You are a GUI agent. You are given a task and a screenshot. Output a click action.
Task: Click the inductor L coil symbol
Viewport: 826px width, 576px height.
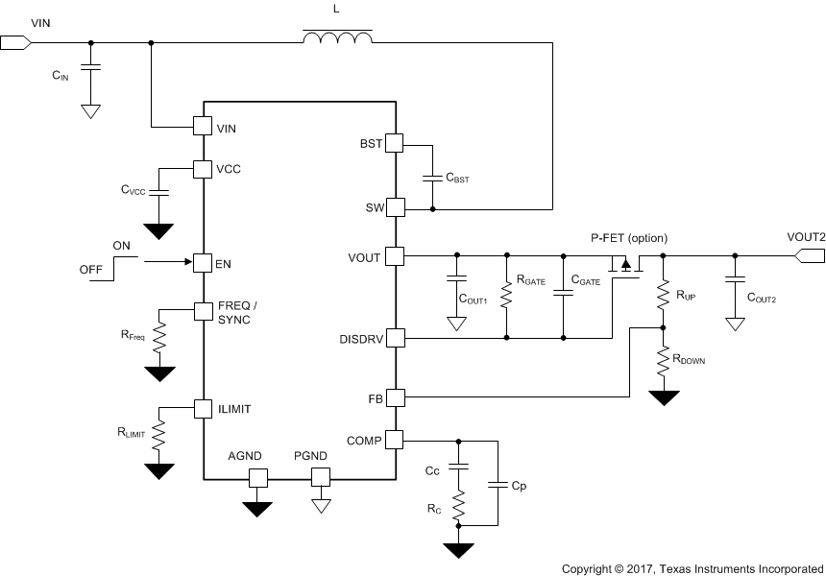[337, 38]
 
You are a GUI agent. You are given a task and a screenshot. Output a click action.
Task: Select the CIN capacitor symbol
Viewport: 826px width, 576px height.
[91, 67]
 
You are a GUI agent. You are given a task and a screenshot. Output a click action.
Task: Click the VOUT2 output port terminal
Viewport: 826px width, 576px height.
[810, 255]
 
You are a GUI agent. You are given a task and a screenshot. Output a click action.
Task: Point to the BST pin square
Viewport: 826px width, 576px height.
[395, 144]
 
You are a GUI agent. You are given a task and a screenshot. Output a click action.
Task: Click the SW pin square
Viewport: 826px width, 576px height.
[395, 207]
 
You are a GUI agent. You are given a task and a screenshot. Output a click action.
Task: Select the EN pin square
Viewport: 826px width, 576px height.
[203, 262]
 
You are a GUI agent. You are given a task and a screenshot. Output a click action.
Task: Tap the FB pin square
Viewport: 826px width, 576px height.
[395, 396]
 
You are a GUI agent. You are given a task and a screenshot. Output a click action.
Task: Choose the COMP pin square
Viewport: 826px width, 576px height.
[395, 440]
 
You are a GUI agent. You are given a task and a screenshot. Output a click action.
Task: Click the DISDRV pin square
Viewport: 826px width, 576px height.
[395, 338]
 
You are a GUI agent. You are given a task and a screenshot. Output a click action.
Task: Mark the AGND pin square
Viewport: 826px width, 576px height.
[257, 477]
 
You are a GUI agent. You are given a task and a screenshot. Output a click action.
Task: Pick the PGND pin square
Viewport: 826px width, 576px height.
[321, 477]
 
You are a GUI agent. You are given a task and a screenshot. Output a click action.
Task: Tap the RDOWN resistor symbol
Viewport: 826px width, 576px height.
[662, 362]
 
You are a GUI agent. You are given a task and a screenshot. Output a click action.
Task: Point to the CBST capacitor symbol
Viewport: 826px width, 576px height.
[432, 178]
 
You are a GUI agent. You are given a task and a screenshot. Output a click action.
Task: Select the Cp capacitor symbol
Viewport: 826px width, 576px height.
[498, 486]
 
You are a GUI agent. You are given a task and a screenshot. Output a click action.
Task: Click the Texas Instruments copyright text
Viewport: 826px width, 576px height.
[692, 567]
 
